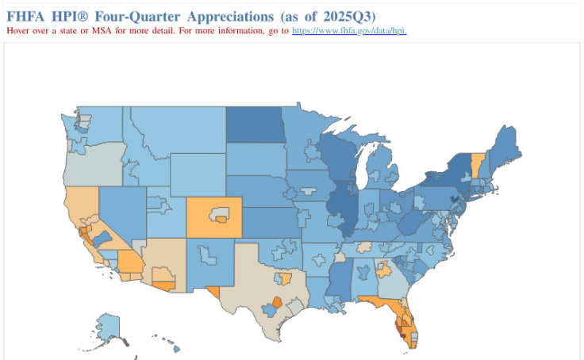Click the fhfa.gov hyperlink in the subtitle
pyautogui.click(x=349, y=30)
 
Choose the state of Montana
pyautogui.click(x=175, y=131)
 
